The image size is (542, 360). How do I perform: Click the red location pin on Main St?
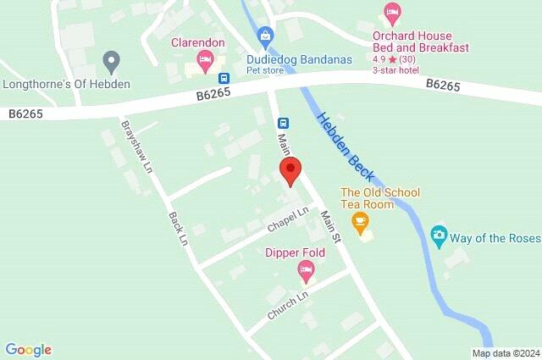[x=290, y=169]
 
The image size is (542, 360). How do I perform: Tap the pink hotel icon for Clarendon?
[x=203, y=59]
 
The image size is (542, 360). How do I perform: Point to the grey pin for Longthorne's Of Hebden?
[x=109, y=61]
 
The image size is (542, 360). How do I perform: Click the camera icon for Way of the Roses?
[x=439, y=234]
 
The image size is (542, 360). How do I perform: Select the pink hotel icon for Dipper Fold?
[x=307, y=271]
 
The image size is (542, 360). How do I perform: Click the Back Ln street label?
[x=176, y=228]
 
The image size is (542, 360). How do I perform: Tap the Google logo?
[x=28, y=350]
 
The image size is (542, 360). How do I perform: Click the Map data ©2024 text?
[x=505, y=353]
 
